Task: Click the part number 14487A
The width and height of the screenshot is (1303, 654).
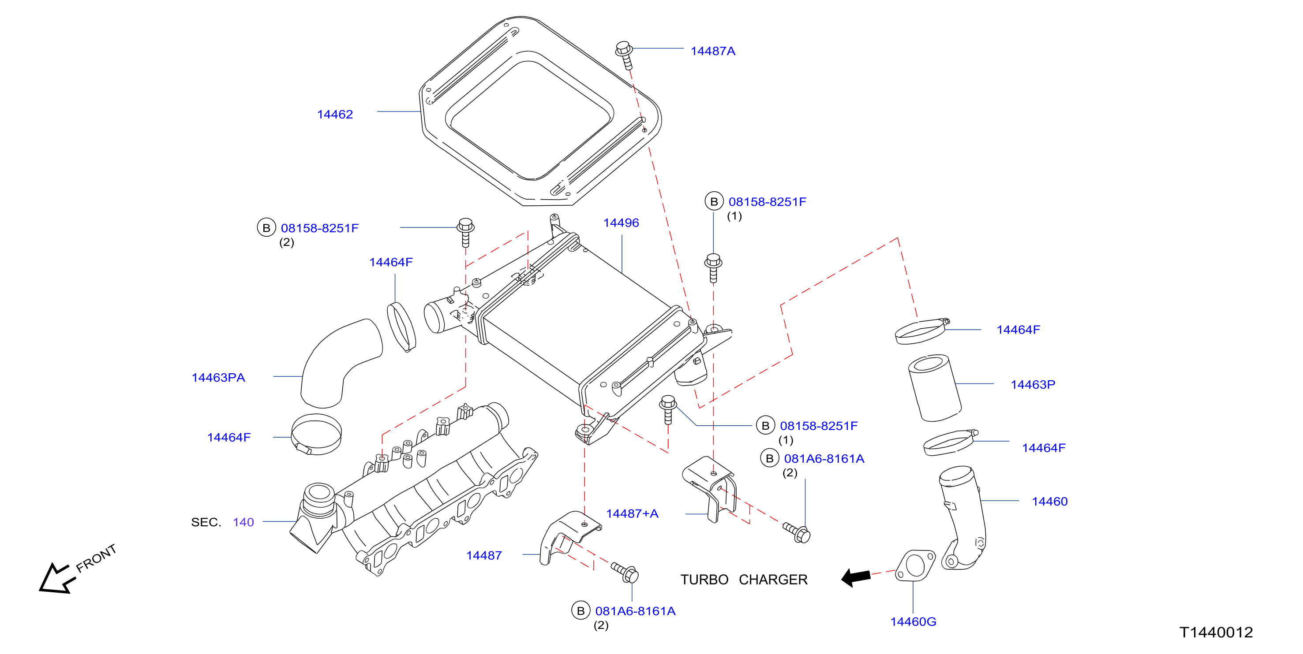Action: tap(713, 51)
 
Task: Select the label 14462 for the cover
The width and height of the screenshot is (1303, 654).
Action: tap(335, 114)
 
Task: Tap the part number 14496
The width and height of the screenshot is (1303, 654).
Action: tap(621, 223)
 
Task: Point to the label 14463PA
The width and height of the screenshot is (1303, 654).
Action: tap(218, 378)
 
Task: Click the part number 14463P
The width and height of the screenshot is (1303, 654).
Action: tap(1033, 385)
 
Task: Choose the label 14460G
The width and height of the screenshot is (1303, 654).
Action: tap(913, 622)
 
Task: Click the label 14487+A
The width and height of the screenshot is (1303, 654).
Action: tap(632, 513)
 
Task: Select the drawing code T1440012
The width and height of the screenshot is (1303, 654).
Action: tap(1216, 632)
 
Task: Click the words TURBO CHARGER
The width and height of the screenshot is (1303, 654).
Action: tap(744, 580)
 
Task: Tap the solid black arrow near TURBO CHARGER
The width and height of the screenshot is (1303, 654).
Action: tap(856, 577)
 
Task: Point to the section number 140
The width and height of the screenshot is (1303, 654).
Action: tap(243, 522)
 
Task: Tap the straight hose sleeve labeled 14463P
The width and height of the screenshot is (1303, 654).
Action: tap(935, 388)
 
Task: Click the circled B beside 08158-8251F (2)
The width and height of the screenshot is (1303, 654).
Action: tap(266, 228)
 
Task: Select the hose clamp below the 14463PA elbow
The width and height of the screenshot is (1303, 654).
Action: tap(317, 435)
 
